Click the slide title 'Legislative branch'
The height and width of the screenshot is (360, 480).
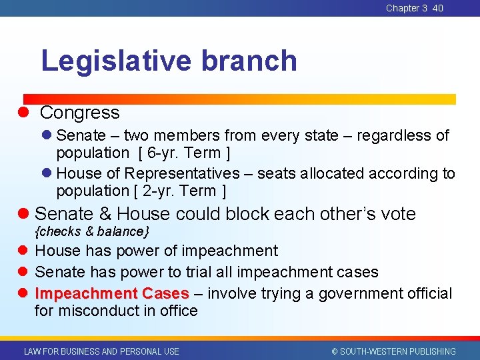click(169, 61)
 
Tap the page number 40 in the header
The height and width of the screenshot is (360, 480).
click(437, 8)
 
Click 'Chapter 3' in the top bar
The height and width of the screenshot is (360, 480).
click(407, 8)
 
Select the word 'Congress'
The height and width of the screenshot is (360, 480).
click(79, 113)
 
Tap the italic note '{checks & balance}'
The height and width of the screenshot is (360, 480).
click(92, 231)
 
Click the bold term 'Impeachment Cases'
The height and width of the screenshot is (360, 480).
click(112, 294)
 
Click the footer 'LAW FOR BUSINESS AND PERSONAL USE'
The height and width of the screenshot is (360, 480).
click(101, 351)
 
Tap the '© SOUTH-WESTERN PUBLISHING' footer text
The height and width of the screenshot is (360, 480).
click(393, 351)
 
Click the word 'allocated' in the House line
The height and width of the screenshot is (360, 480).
click(331, 173)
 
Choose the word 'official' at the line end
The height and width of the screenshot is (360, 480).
click(426, 294)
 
